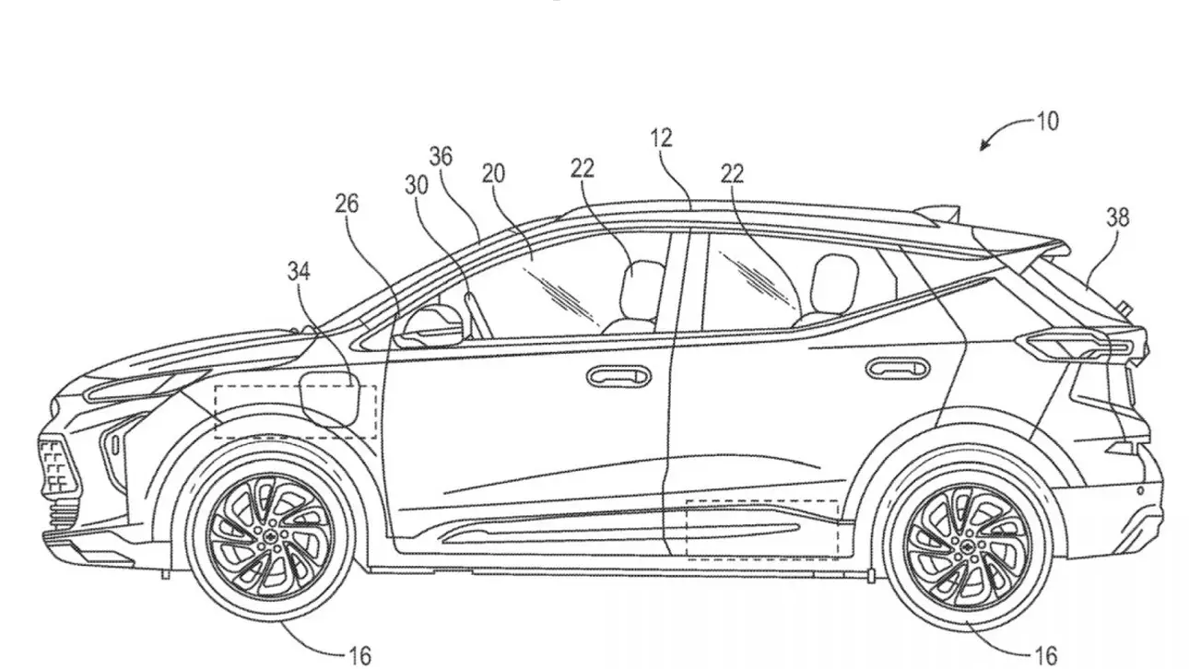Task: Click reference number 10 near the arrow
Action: click(1047, 121)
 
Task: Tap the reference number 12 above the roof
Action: click(661, 138)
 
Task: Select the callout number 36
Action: click(441, 156)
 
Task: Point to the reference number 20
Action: click(493, 173)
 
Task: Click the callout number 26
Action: click(347, 203)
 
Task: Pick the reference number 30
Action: click(417, 183)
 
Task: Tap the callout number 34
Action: click(299, 270)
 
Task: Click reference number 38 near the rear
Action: click(1118, 217)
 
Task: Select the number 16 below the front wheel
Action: click(360, 655)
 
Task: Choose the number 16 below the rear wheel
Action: click(1046, 655)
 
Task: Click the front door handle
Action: click(618, 375)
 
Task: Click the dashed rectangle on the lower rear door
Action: click(761, 529)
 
